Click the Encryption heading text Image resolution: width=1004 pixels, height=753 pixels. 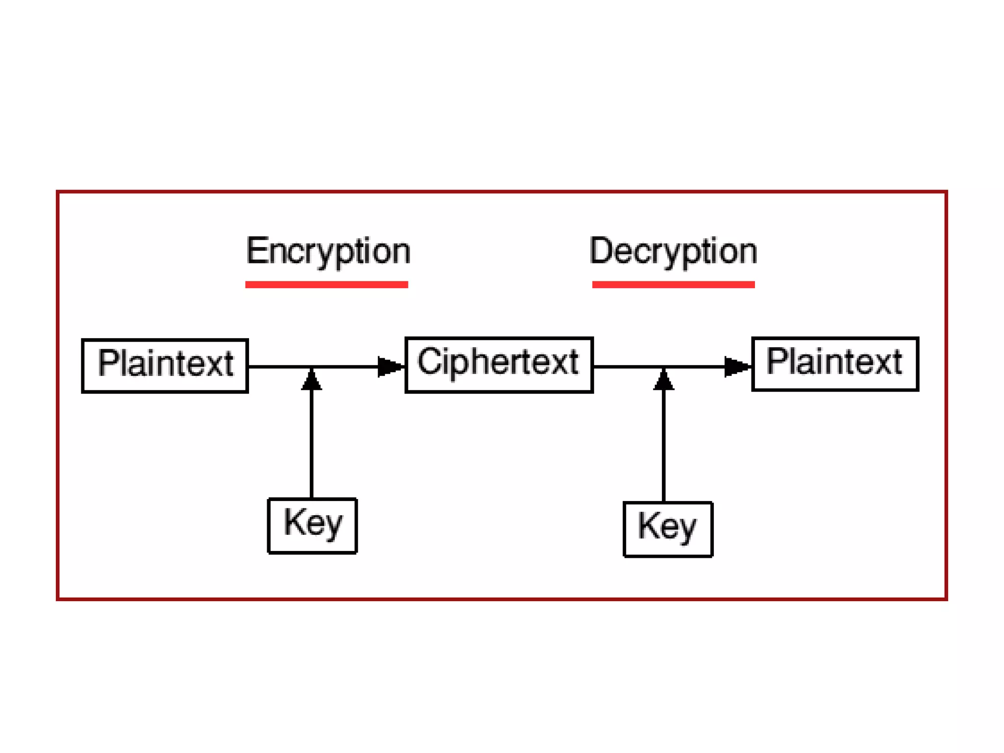click(x=327, y=251)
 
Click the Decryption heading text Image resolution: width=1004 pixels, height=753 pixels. click(x=673, y=251)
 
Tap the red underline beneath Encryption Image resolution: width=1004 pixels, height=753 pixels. click(x=326, y=284)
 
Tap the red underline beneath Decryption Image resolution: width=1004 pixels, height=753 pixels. click(x=673, y=284)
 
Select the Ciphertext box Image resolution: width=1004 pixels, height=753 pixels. click(x=499, y=365)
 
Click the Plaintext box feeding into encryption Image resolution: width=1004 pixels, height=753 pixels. click(x=165, y=366)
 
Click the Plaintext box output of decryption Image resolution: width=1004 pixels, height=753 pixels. click(x=835, y=364)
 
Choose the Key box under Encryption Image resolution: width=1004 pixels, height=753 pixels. click(x=312, y=526)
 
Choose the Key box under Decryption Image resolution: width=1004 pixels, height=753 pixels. click(x=668, y=529)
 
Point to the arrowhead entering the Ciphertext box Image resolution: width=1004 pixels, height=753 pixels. click(x=390, y=367)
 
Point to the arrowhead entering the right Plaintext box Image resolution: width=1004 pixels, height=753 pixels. click(x=736, y=367)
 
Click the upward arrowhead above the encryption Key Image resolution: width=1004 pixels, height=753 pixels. click(x=311, y=380)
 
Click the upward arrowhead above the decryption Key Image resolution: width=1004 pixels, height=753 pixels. click(x=664, y=380)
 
